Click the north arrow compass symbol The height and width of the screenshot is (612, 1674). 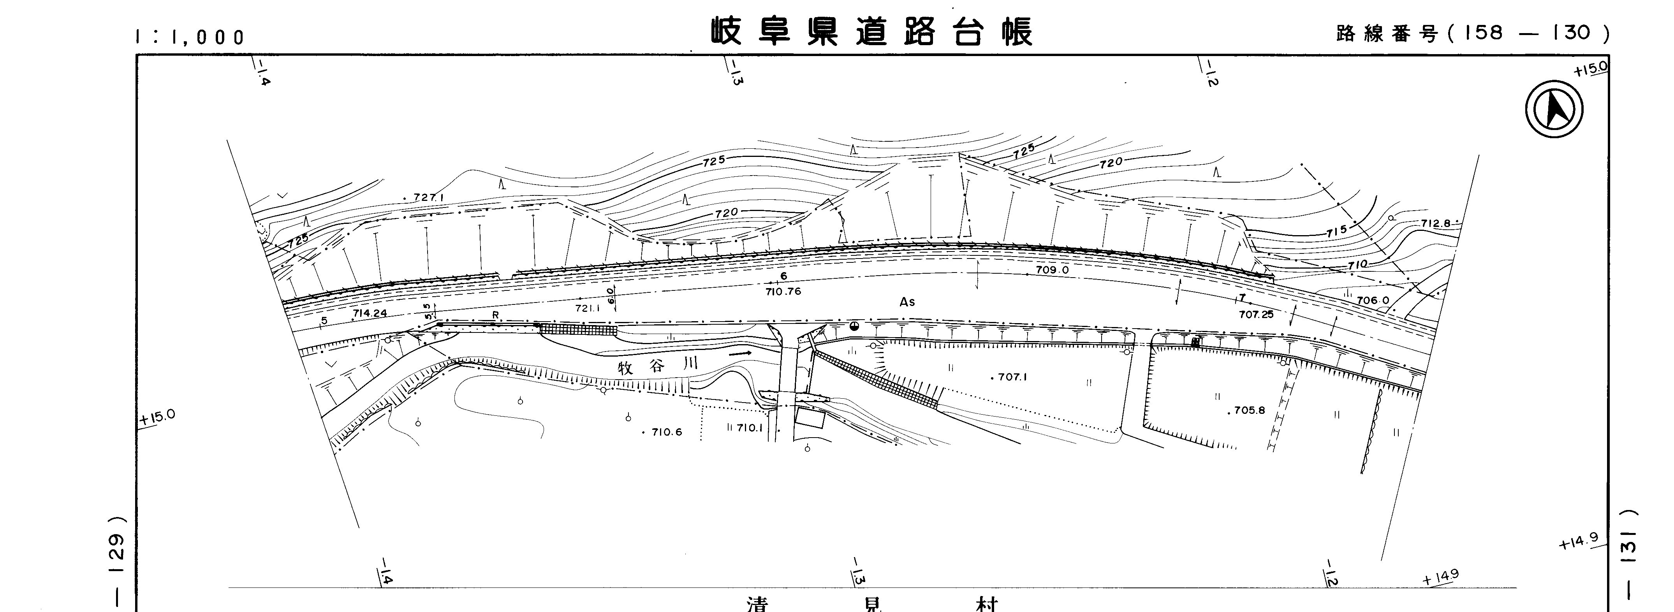point(1554,109)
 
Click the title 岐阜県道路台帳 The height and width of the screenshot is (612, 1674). point(871,31)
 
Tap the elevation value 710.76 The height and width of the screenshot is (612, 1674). point(783,292)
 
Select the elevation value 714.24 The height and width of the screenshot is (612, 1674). point(370,313)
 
